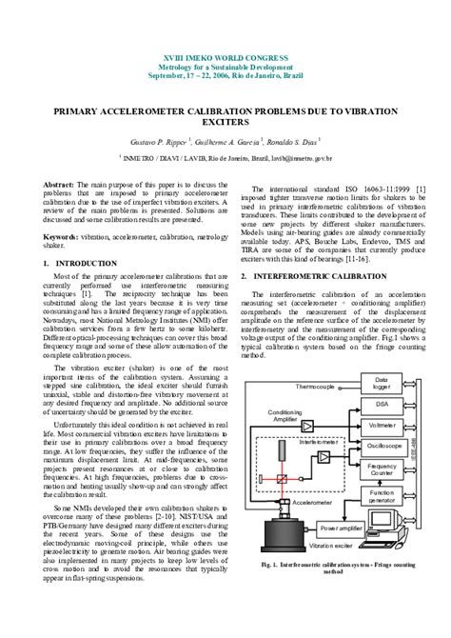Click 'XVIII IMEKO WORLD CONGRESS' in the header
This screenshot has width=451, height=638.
click(224, 59)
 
